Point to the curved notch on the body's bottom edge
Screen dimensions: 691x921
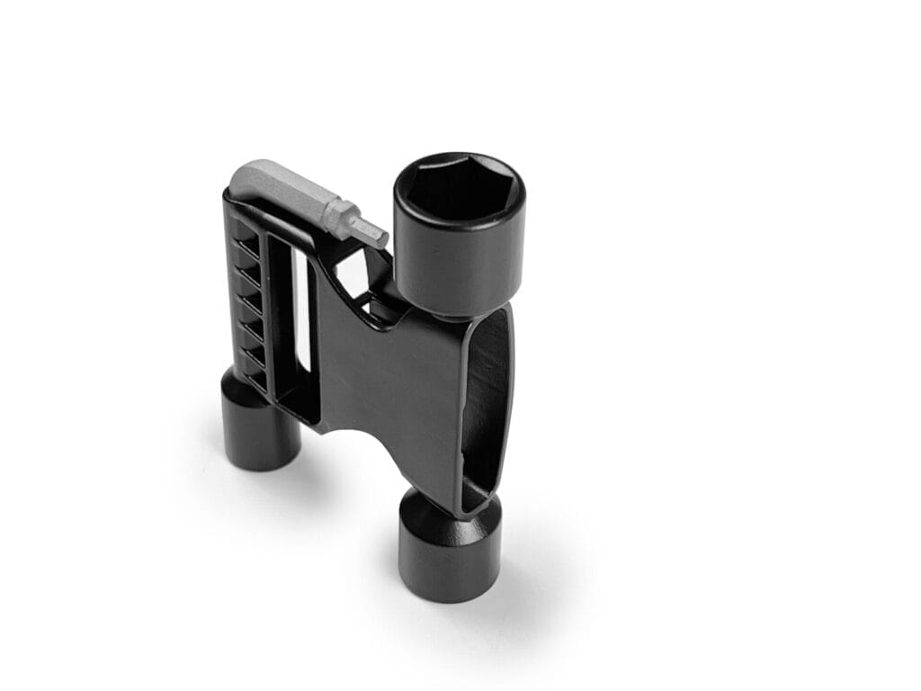coord(360,441)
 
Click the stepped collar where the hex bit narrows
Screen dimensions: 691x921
coord(339,217)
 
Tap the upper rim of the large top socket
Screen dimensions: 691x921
coord(460,159)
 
